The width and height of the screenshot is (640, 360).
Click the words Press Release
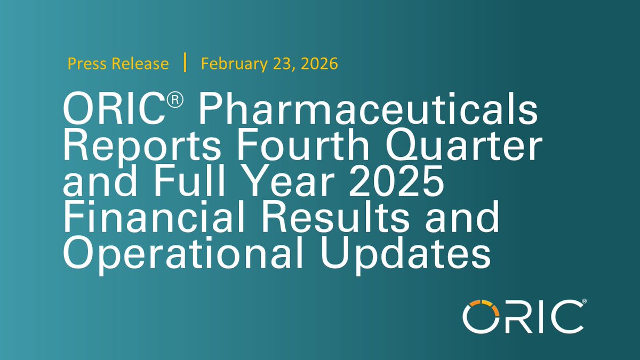tap(118, 64)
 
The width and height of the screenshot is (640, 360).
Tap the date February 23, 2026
tap(269, 64)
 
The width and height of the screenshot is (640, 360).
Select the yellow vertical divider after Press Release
tap(185, 63)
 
